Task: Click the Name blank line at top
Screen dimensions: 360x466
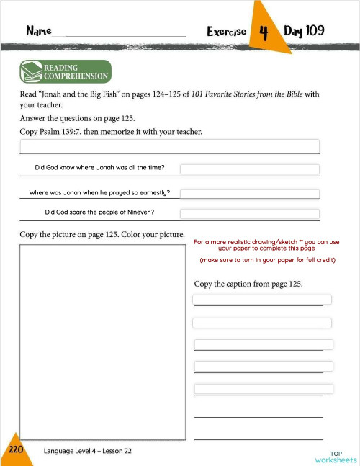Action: [119, 33]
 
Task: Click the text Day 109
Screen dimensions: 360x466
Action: [304, 31]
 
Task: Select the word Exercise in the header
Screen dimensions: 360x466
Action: [226, 32]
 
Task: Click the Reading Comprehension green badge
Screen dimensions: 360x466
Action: [66, 72]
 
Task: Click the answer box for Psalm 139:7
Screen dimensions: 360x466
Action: [169, 146]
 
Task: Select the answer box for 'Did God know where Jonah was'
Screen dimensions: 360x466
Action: [249, 169]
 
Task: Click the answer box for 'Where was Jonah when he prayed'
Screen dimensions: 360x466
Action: [249, 193]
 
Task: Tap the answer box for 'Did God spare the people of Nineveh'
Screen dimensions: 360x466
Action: [249, 213]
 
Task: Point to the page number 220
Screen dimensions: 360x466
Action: [16, 449]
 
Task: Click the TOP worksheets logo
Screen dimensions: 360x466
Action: [336, 457]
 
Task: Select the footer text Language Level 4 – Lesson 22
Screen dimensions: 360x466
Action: [87, 451]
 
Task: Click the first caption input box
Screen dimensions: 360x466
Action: [262, 300]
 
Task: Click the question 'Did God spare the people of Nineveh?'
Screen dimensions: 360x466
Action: [99, 212]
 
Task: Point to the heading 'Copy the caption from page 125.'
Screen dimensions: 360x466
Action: [248, 284]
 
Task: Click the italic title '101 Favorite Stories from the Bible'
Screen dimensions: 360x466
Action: [245, 94]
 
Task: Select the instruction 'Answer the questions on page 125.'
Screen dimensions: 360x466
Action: [78, 118]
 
